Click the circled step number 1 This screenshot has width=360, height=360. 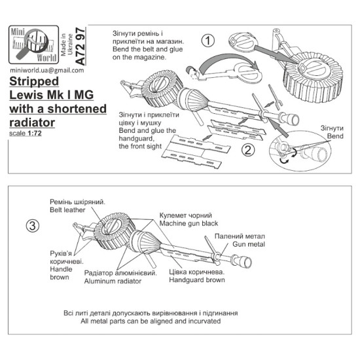coord(207,41)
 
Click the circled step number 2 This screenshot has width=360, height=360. coord(248,151)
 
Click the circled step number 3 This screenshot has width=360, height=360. coord(33,226)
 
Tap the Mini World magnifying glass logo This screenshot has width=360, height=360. coord(34,45)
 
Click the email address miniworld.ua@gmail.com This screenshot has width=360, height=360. coord(47,70)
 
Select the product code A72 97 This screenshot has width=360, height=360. coord(81,46)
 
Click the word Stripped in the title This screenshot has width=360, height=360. coord(34,81)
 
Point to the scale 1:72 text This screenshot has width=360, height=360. coord(26,133)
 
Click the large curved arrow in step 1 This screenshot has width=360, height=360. coord(227,58)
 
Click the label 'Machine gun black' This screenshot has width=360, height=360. coord(189,223)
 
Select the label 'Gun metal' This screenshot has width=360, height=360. coord(249,244)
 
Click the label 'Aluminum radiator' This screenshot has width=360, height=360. coord(113,281)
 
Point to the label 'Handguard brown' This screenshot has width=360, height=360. coord(197,280)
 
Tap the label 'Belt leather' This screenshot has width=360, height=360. coord(67,210)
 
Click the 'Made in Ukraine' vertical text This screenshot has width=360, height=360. coord(67,45)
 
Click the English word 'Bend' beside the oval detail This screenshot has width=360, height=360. coord(335,136)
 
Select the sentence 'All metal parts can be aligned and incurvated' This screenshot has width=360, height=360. coord(151,321)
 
